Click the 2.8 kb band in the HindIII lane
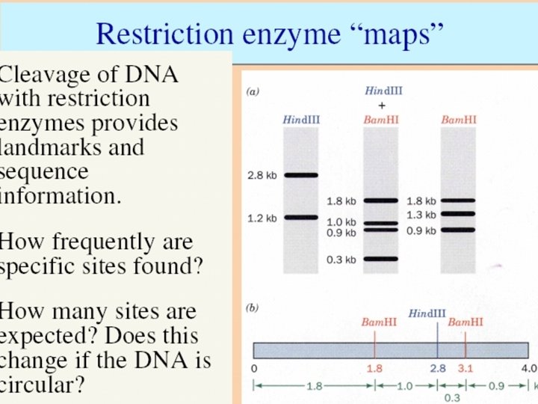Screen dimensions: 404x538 pyautogui.click(x=300, y=176)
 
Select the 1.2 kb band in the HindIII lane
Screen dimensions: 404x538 pyautogui.click(x=300, y=218)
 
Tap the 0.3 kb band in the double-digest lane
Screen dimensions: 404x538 pyautogui.click(x=380, y=260)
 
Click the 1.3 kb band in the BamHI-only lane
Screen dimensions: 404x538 pyautogui.click(x=458, y=215)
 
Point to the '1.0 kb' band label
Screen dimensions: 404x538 pyautogui.click(x=341, y=222)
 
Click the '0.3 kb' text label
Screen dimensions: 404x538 pyautogui.click(x=341, y=260)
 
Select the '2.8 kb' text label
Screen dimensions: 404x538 pyautogui.click(x=262, y=176)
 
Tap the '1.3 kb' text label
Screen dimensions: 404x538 pyautogui.click(x=421, y=215)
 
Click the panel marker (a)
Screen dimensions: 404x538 pyautogui.click(x=253, y=92)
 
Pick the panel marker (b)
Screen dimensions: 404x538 pyautogui.click(x=253, y=307)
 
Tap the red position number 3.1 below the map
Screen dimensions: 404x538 pyautogui.click(x=466, y=369)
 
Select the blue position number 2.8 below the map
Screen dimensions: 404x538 pyautogui.click(x=437, y=369)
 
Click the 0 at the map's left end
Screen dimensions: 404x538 pyautogui.click(x=254, y=369)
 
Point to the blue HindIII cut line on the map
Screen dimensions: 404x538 pyautogui.click(x=437, y=344)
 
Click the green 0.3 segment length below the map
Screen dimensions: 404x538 pyautogui.click(x=453, y=398)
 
